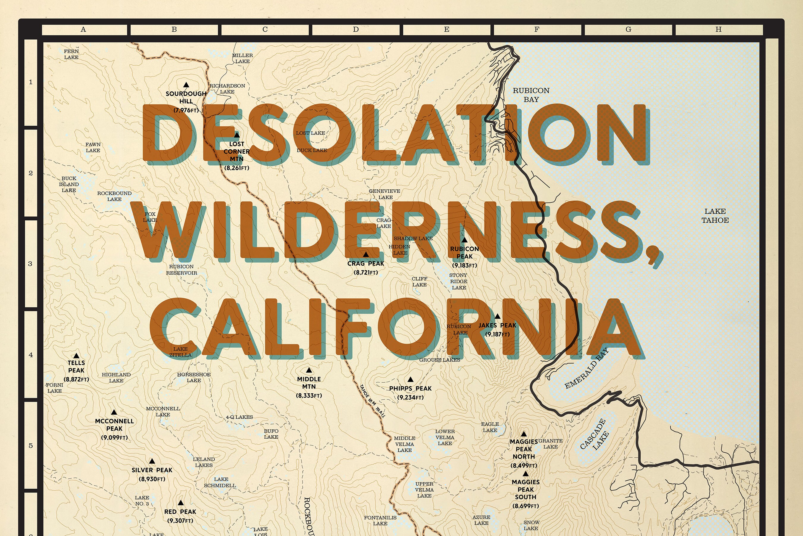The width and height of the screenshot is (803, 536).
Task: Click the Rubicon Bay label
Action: click(531, 95)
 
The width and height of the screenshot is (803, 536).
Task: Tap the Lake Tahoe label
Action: click(715, 216)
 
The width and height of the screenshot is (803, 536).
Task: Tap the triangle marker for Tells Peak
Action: click(76, 356)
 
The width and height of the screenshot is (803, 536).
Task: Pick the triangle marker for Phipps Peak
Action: click(410, 379)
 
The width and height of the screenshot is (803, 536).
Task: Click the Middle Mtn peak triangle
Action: click(309, 370)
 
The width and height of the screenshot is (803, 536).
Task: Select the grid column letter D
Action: click(356, 30)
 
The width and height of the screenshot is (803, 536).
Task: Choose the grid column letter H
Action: click(718, 30)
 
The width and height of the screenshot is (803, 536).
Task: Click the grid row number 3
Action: click(30, 264)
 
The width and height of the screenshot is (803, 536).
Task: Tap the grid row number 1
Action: click(31, 82)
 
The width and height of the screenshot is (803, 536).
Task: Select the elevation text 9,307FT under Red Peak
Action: click(180, 521)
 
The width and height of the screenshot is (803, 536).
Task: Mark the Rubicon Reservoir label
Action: click(181, 270)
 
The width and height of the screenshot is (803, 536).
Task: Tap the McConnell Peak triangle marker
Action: click(114, 413)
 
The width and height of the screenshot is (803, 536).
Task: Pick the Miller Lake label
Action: click(242, 58)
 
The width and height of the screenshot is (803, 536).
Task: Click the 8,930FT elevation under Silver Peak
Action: click(152, 479)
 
